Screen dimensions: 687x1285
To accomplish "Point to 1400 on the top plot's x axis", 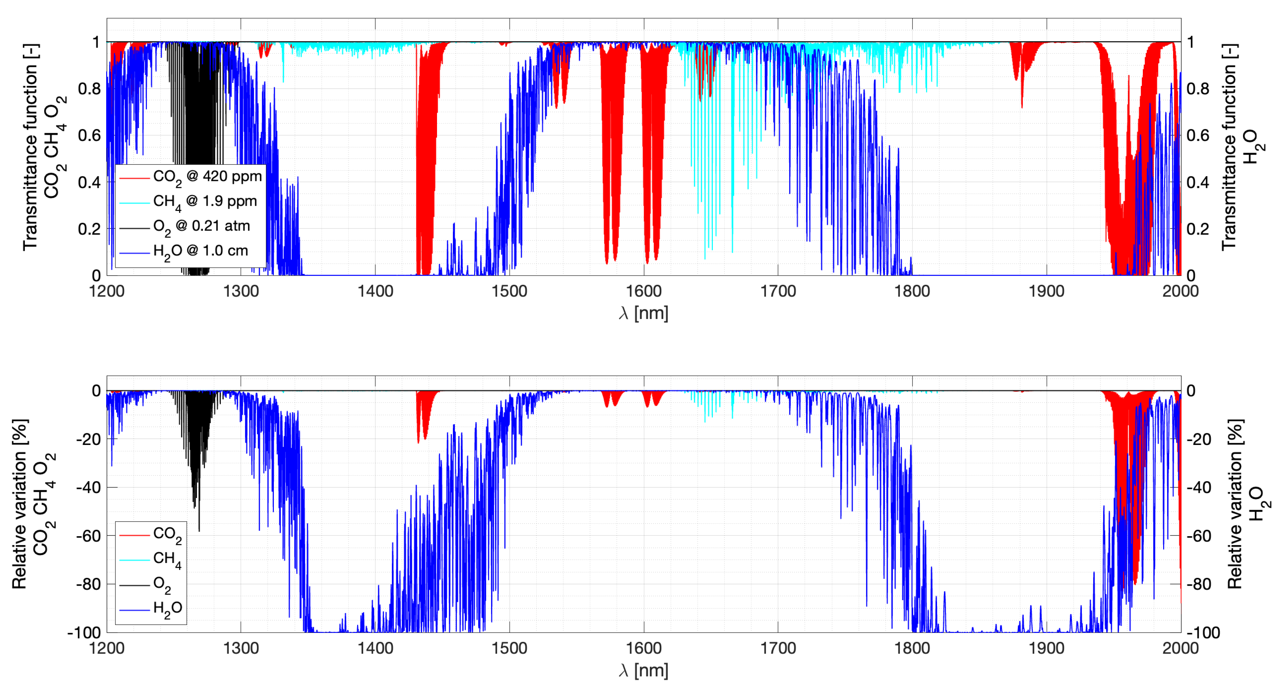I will coord(375,291).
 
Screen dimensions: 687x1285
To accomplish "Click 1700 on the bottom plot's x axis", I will coord(778,648).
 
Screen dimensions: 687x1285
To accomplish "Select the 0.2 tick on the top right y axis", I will coord(1198,229).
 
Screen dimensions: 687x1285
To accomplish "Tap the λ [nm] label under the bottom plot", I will coord(643,670).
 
